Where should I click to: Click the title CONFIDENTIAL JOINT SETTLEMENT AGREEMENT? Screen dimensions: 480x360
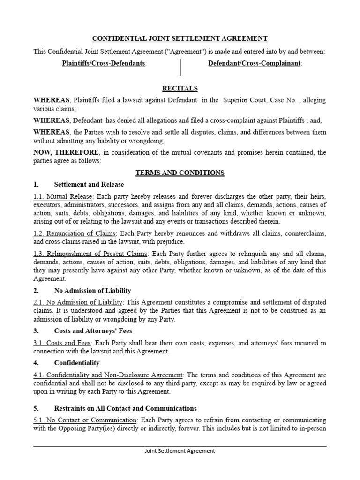tap(180, 38)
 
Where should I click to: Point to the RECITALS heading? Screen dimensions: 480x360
tap(180, 88)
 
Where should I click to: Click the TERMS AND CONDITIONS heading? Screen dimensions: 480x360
tap(180, 173)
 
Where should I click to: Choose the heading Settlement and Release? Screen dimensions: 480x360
tap(89, 185)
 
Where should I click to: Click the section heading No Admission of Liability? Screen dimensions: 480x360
tap(93, 291)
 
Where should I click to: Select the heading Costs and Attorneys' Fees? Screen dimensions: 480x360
tap(94, 331)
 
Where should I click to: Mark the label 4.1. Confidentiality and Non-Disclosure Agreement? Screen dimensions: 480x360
tap(108, 375)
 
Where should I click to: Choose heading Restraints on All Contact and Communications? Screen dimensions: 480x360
tap(126, 408)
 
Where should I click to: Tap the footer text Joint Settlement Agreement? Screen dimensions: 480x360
tap(180, 451)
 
